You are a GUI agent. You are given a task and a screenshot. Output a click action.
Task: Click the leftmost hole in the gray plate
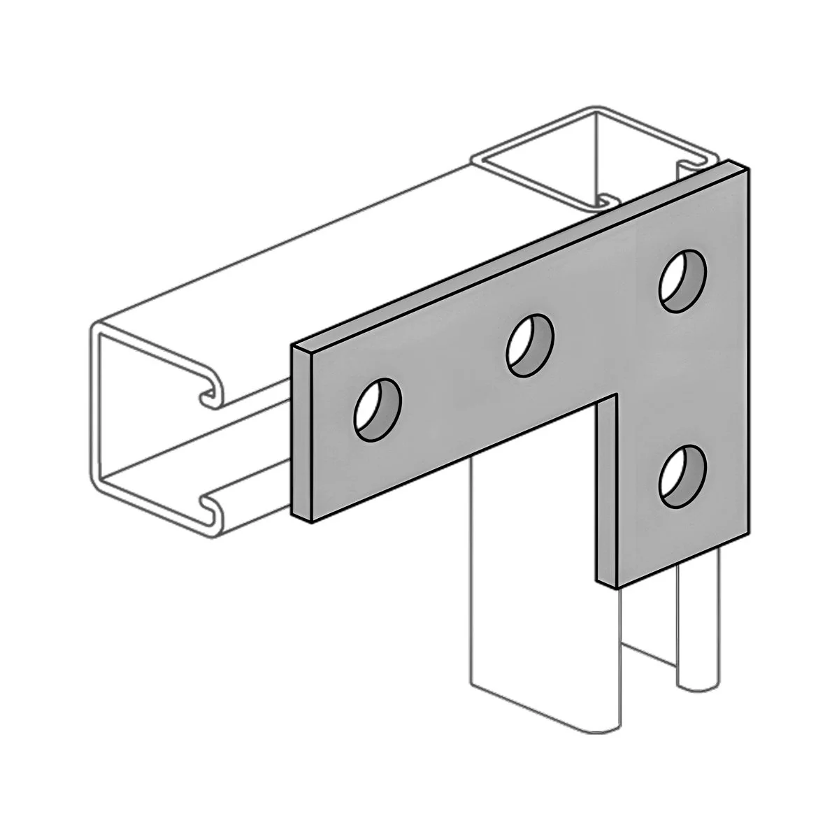[x=378, y=410]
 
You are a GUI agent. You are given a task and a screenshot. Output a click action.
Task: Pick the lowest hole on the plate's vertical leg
[x=682, y=477]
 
